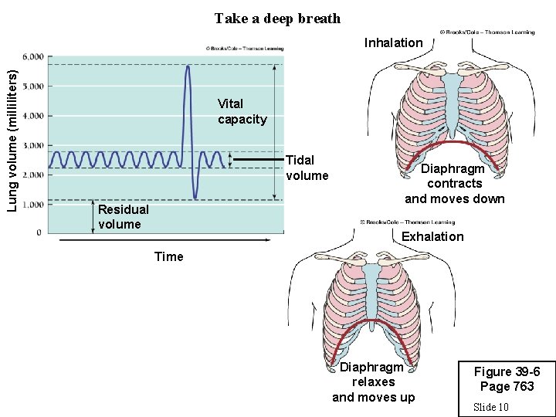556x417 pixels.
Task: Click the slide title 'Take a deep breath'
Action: click(x=277, y=18)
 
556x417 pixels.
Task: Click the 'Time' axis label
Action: click(x=168, y=256)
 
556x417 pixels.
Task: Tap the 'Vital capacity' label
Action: click(x=242, y=111)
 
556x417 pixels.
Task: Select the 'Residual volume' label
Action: click(x=124, y=217)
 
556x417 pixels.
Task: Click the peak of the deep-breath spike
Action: click(x=187, y=66)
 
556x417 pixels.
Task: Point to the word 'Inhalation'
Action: click(x=393, y=42)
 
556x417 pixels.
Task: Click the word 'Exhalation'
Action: click(x=432, y=236)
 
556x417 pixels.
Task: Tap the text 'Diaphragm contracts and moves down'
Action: click(x=454, y=184)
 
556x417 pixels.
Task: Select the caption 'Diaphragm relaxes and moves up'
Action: click(x=373, y=382)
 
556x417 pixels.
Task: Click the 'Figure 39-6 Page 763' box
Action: click(x=506, y=379)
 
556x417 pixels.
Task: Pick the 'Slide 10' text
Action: click(x=490, y=406)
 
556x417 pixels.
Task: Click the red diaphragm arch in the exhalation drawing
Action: click(x=373, y=323)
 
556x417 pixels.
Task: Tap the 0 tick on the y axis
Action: click(x=39, y=232)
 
